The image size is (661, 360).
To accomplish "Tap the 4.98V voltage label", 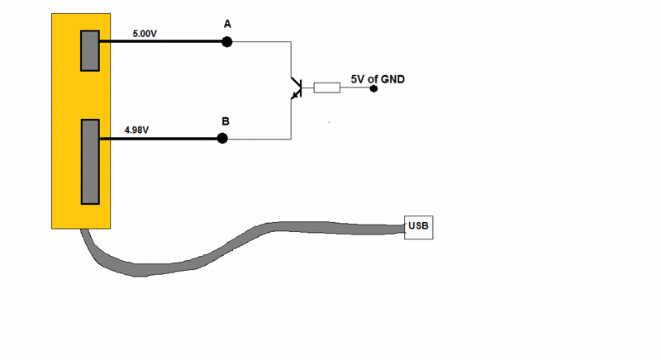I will point(136,130).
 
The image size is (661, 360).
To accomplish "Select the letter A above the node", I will point(227,25).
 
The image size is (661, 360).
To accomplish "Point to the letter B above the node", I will point(225,121).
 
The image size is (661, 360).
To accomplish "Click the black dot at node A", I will point(227,42).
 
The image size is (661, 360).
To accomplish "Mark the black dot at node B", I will point(222,138).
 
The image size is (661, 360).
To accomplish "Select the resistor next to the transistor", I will point(327,87).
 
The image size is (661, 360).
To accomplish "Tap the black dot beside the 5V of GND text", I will point(373,88).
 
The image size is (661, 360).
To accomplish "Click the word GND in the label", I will point(391,79).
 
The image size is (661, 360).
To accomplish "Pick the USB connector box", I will point(418,227).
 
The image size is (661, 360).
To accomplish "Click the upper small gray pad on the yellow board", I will point(89,51).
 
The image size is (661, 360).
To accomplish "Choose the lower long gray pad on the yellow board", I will point(89,161).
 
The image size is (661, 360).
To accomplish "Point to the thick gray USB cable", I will point(248,239).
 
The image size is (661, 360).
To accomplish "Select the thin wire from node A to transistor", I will point(264,42).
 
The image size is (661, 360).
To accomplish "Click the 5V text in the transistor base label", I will point(358,79).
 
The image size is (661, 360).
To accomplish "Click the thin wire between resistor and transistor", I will point(307,87).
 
